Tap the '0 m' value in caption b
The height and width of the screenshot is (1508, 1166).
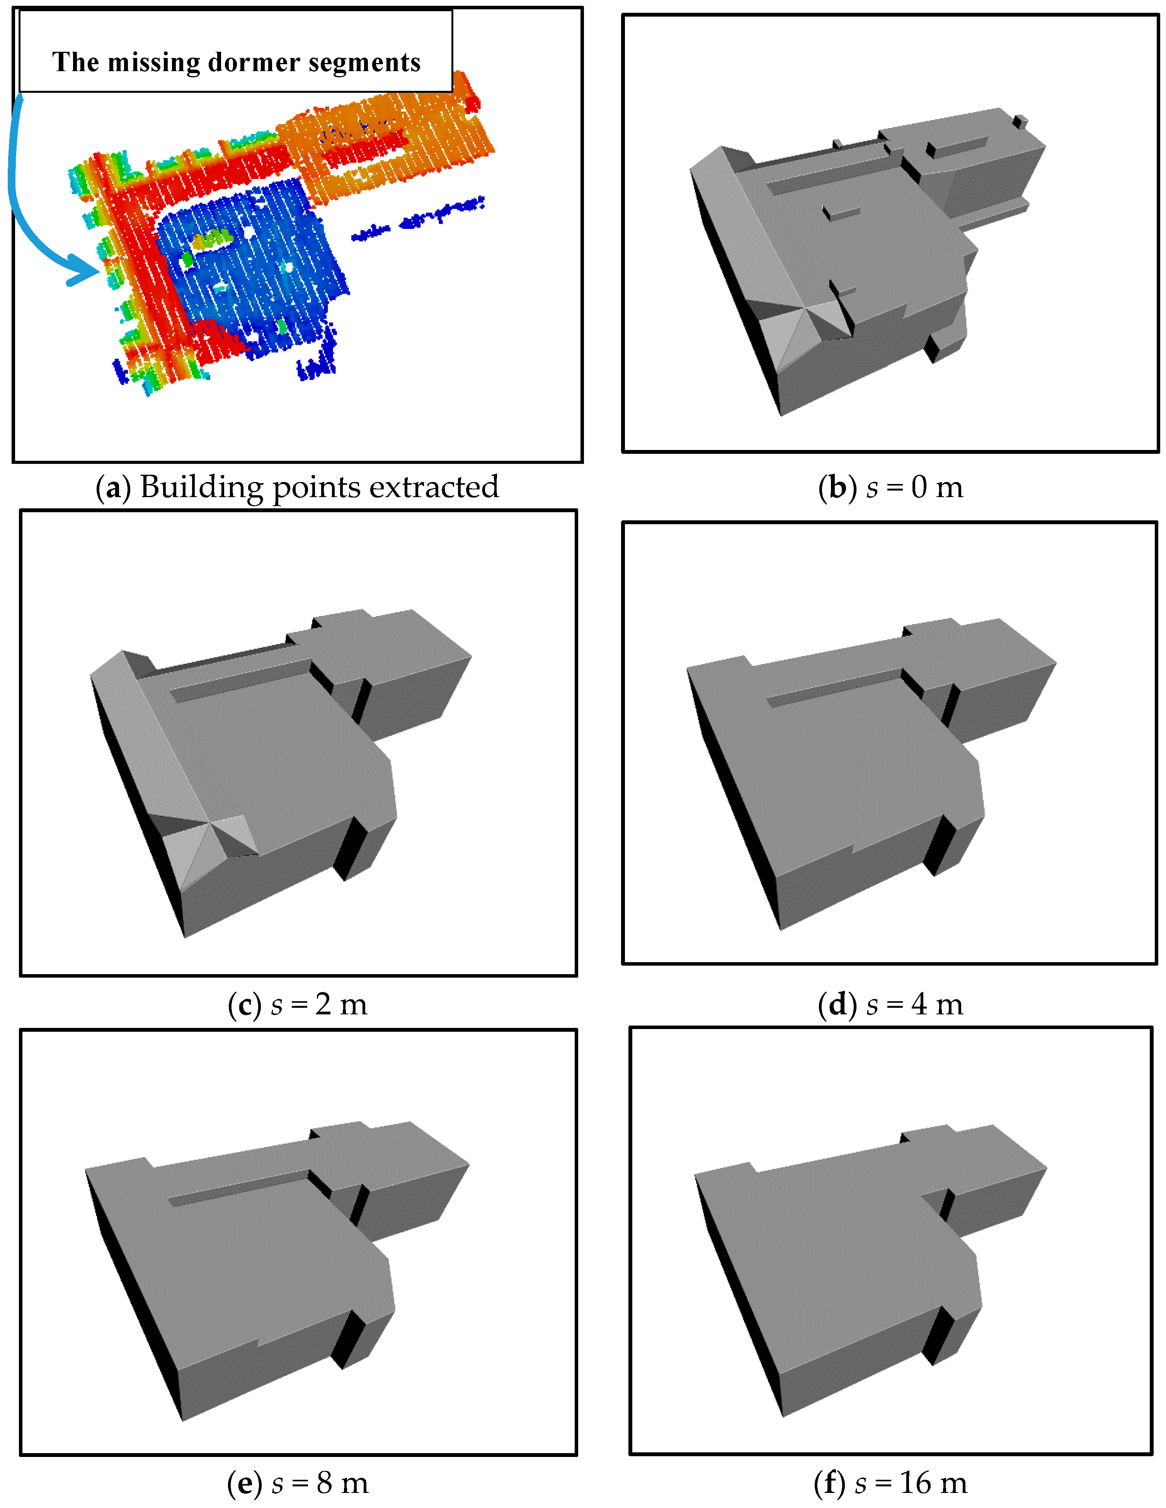point(936,487)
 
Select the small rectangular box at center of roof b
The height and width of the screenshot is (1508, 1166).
point(841,213)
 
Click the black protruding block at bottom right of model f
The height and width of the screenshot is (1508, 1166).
point(939,1336)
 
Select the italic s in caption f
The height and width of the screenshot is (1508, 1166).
point(861,1484)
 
